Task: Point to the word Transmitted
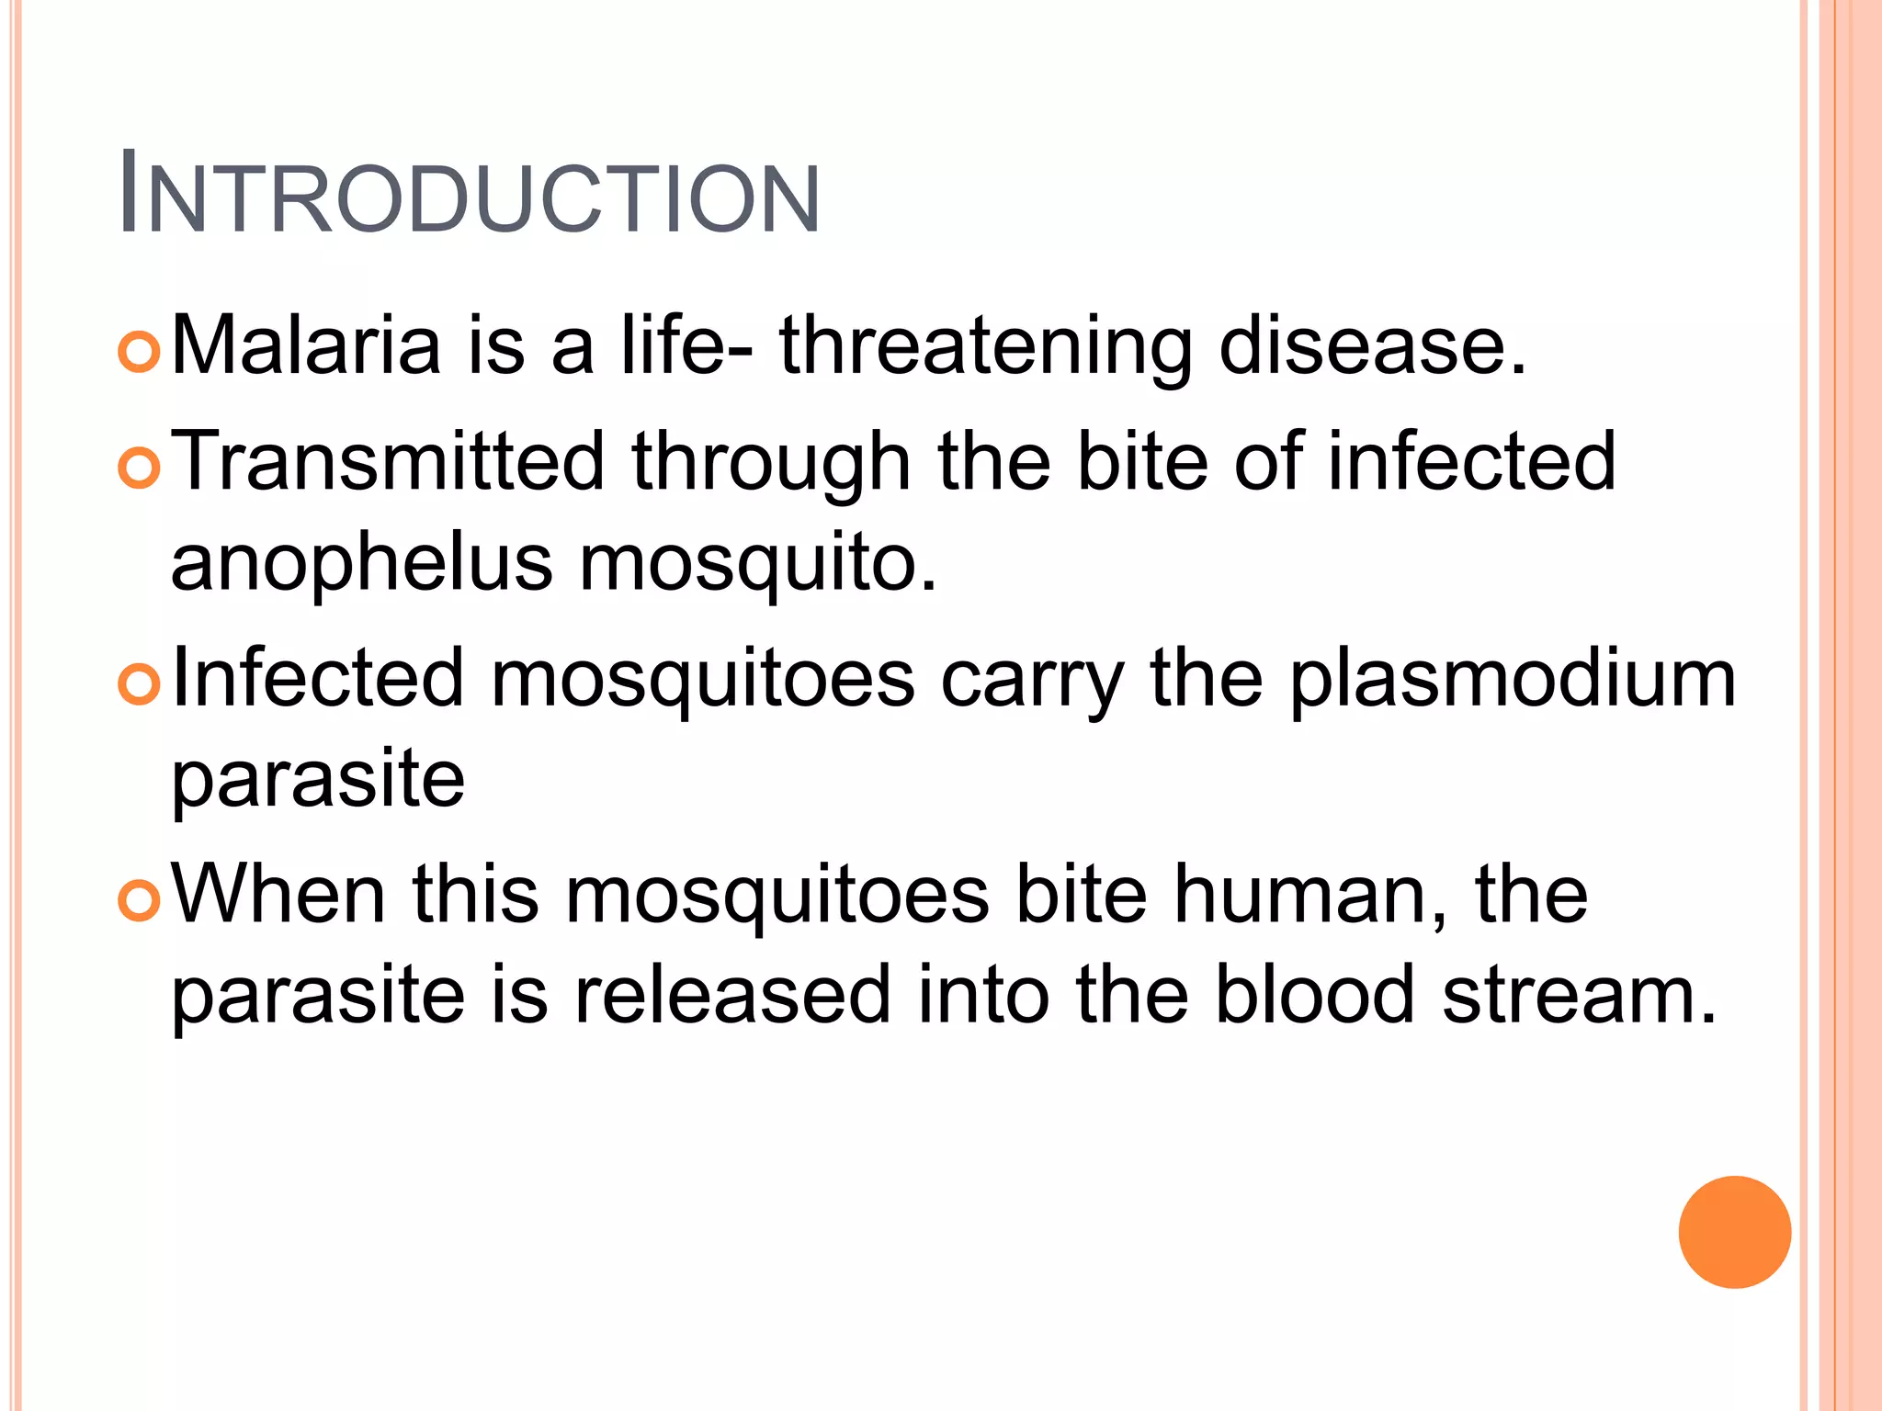(388, 461)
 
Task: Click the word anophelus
(361, 564)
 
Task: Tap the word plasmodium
(1513, 680)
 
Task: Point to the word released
(732, 996)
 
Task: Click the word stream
(1578, 998)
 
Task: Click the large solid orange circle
(1734, 1232)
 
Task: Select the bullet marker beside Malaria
(140, 352)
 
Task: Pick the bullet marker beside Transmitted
(140, 468)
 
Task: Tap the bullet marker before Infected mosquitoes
(140, 685)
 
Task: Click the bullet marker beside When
(140, 901)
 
